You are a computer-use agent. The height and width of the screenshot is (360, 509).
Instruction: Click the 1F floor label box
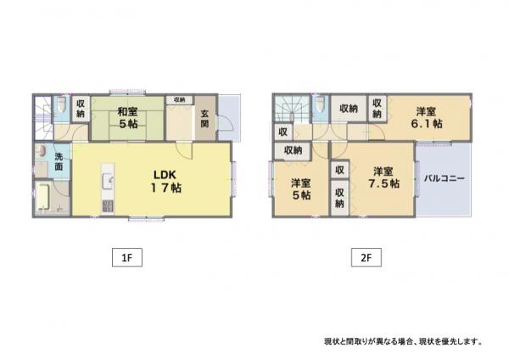point(127,257)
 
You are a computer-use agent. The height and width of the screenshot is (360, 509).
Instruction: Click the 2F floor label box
point(366,257)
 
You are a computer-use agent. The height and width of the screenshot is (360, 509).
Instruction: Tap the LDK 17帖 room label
point(165,182)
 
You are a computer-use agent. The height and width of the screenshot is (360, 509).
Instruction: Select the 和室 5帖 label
point(127,118)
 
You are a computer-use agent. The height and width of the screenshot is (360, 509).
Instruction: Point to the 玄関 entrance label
point(204,119)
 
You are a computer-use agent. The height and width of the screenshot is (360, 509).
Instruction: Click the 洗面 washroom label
point(59,161)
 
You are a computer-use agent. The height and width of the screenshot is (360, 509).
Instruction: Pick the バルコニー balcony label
point(445,178)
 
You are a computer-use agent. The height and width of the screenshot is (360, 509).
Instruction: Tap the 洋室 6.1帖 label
point(426,118)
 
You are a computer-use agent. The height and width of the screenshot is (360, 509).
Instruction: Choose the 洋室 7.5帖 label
point(383,177)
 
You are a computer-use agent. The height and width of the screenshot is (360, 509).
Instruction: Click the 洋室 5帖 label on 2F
point(301,189)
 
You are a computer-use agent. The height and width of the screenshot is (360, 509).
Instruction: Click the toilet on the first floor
point(61,104)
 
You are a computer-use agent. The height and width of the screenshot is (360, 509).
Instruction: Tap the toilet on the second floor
point(320,104)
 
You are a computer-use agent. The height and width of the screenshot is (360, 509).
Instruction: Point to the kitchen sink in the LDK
point(108,182)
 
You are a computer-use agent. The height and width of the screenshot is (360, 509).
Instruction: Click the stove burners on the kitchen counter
point(108,206)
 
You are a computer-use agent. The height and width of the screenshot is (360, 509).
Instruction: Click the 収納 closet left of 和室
point(81,109)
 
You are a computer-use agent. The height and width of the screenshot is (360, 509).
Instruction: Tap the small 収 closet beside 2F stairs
point(283,132)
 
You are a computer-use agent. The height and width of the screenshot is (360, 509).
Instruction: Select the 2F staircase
point(292,109)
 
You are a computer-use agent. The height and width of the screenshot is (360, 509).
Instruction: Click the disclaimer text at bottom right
point(403,341)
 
